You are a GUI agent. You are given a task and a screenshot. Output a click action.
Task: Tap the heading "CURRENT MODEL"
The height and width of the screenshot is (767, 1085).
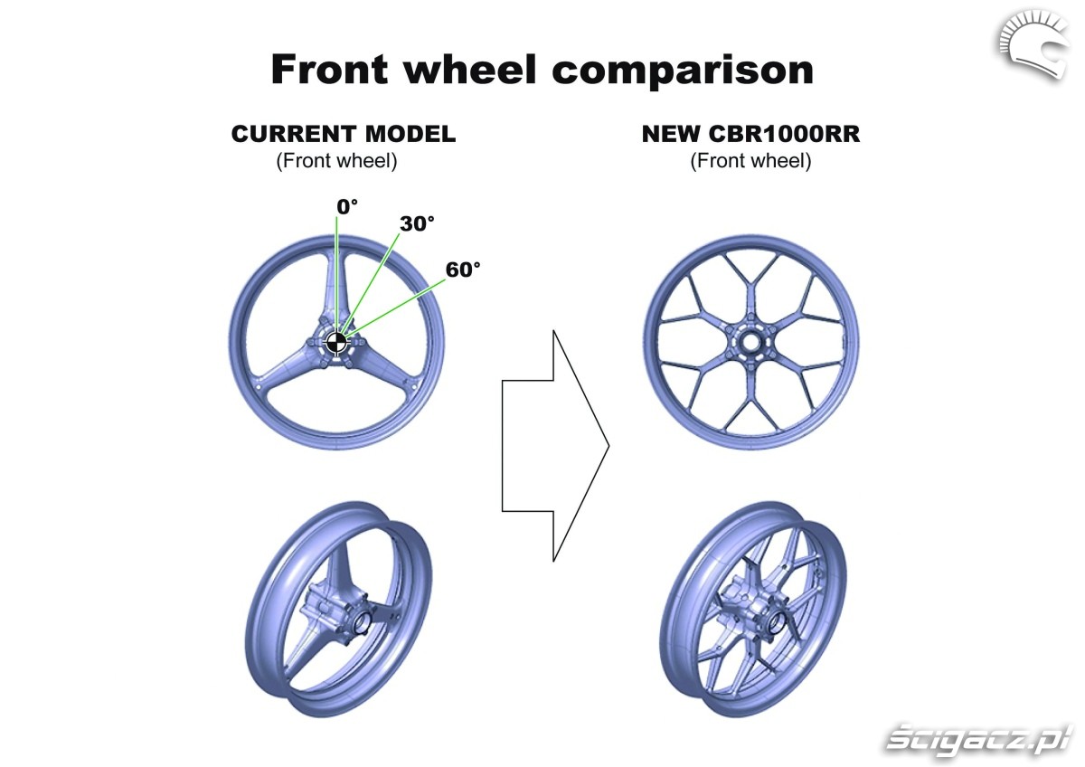343,134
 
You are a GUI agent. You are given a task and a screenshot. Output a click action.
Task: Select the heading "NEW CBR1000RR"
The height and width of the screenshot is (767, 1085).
750,134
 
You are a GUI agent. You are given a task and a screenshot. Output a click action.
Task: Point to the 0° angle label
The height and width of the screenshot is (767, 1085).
347,206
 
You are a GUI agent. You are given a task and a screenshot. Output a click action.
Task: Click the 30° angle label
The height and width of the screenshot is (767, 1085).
417,223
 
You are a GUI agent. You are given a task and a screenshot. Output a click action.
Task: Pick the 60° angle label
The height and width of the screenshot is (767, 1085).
463,269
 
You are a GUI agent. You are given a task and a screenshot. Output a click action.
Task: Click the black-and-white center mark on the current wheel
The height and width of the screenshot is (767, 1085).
336,342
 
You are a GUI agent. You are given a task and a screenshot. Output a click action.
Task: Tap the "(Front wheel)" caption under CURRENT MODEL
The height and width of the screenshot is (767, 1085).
336,161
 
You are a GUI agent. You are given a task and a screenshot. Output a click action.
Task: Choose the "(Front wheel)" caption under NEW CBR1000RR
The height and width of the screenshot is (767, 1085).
750,161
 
